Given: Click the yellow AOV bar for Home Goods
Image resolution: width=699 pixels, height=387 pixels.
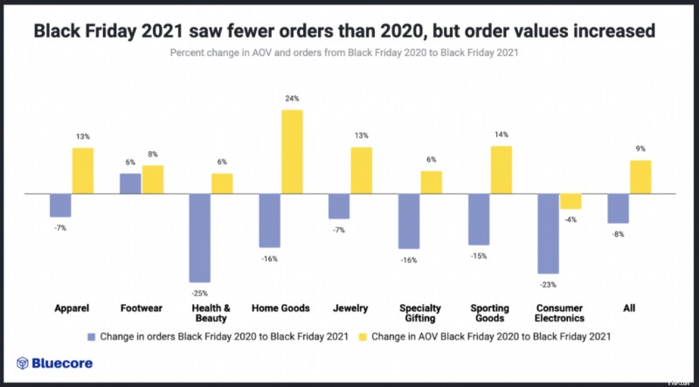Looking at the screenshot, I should tap(292, 151).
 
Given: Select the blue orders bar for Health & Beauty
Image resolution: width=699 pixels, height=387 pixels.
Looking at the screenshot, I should tap(199, 237).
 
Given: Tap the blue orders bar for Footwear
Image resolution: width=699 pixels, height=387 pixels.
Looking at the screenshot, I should tap(129, 183).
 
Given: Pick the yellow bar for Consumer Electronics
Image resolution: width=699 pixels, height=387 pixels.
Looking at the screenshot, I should tap(571, 201).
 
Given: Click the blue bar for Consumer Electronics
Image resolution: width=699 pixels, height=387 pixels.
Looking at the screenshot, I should tap(548, 233).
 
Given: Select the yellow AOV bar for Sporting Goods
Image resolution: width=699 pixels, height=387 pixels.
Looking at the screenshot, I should tap(501, 169).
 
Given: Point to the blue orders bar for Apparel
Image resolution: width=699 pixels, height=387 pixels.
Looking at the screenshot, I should tap(60, 204).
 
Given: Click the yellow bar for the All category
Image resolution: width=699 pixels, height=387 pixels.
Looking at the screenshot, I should tap(640, 176).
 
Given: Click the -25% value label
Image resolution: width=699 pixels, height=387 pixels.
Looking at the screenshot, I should tap(199, 293).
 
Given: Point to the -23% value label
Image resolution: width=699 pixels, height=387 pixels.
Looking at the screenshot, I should tap(548, 285).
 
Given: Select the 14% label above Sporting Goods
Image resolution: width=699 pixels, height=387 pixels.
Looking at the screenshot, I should tap(501, 135).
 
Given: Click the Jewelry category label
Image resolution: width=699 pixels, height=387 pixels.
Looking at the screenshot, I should tap(349, 308).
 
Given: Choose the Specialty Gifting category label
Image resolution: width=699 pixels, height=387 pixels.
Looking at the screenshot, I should tap(420, 314).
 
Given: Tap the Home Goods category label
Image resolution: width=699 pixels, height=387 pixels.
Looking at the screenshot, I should tap(280, 308).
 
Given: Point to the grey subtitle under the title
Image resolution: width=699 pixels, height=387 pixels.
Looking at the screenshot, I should tap(349, 54).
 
